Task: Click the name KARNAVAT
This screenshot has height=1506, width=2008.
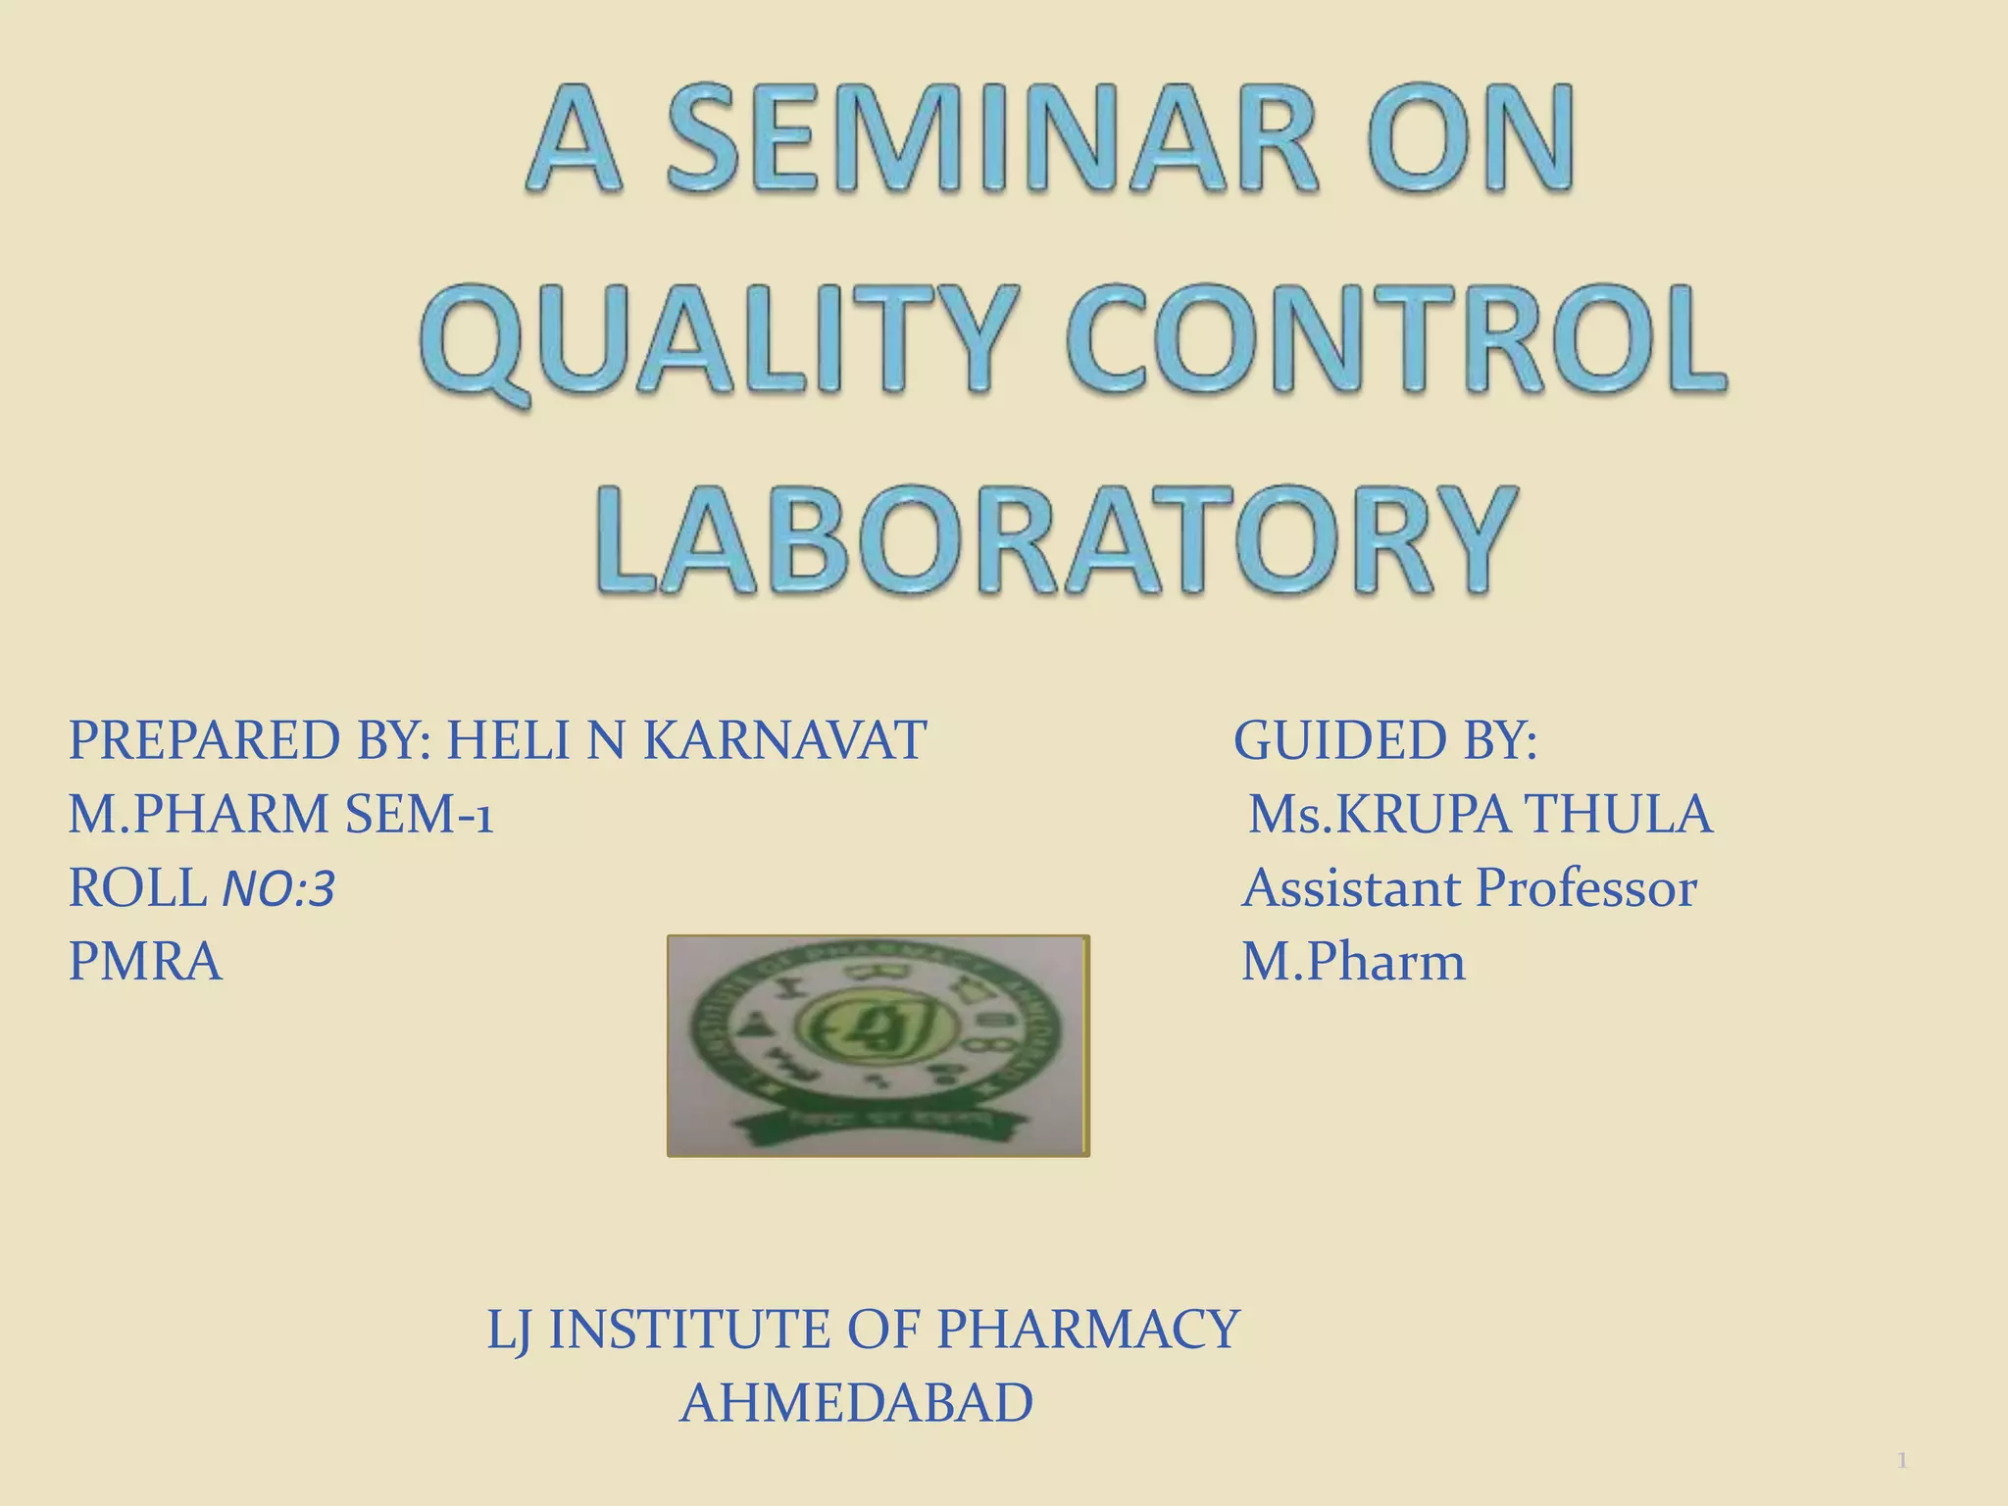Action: point(784,740)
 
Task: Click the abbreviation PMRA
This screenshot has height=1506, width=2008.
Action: point(145,962)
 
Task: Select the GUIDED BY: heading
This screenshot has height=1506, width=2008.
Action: point(1385,740)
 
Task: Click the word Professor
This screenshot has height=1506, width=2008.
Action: point(1586,888)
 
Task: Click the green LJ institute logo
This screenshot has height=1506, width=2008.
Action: point(878,1045)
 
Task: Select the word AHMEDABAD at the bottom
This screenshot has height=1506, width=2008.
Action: point(857,1403)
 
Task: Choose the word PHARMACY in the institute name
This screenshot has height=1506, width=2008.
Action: point(1088,1330)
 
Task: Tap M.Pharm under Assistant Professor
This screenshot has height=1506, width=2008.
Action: point(1353,962)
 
